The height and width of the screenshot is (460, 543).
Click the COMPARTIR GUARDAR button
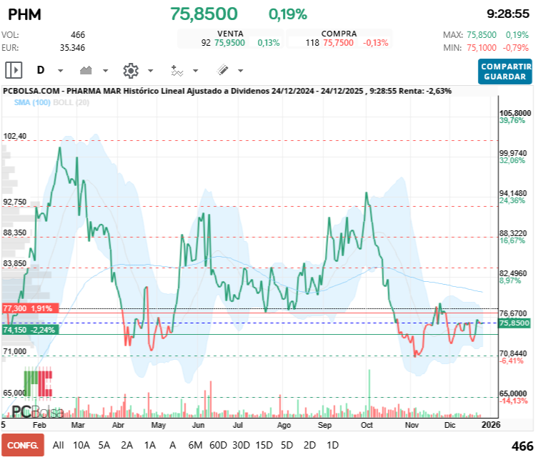point(505,72)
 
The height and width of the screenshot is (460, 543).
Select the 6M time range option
point(195,445)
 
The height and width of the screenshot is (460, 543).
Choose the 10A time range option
point(81,445)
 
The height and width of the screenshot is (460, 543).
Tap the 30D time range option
point(241,445)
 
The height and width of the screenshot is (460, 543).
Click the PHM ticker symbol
point(24,14)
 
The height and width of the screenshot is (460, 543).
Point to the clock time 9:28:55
point(507,14)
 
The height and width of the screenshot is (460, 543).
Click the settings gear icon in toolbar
point(130,70)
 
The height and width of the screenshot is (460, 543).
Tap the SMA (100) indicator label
point(31,102)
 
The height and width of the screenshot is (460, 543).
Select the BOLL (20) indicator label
point(71,102)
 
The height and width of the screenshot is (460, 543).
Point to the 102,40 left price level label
point(15,136)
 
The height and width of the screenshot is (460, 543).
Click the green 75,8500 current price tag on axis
point(514,323)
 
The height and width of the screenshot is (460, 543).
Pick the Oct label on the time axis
point(367,425)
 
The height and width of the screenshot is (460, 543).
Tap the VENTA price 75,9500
point(229,43)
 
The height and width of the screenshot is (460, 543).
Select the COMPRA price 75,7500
point(339,43)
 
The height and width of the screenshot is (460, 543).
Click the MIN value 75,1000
point(483,48)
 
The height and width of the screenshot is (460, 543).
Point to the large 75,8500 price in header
point(204,14)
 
